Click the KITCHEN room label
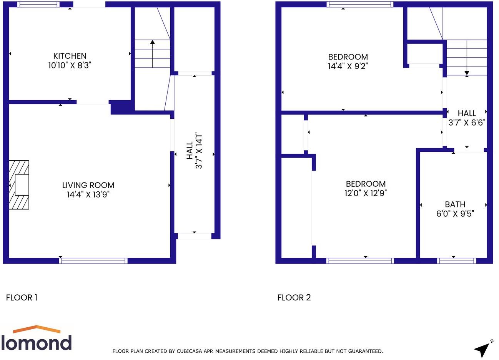tap(70, 56)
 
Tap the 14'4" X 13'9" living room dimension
tap(88, 195)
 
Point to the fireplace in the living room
tap(19, 185)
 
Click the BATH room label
tap(455, 204)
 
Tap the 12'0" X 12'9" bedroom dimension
tap(365, 193)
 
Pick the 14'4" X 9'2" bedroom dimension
tap(348, 66)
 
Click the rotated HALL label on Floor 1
tap(190, 151)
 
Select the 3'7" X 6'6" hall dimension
tap(467, 123)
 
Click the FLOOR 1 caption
tap(22, 297)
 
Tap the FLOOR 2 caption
tap(294, 297)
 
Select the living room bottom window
tap(93, 261)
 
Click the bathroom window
tap(457, 261)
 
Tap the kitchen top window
tap(38, 5)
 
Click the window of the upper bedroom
tap(360, 5)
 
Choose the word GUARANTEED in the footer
tap(363, 351)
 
